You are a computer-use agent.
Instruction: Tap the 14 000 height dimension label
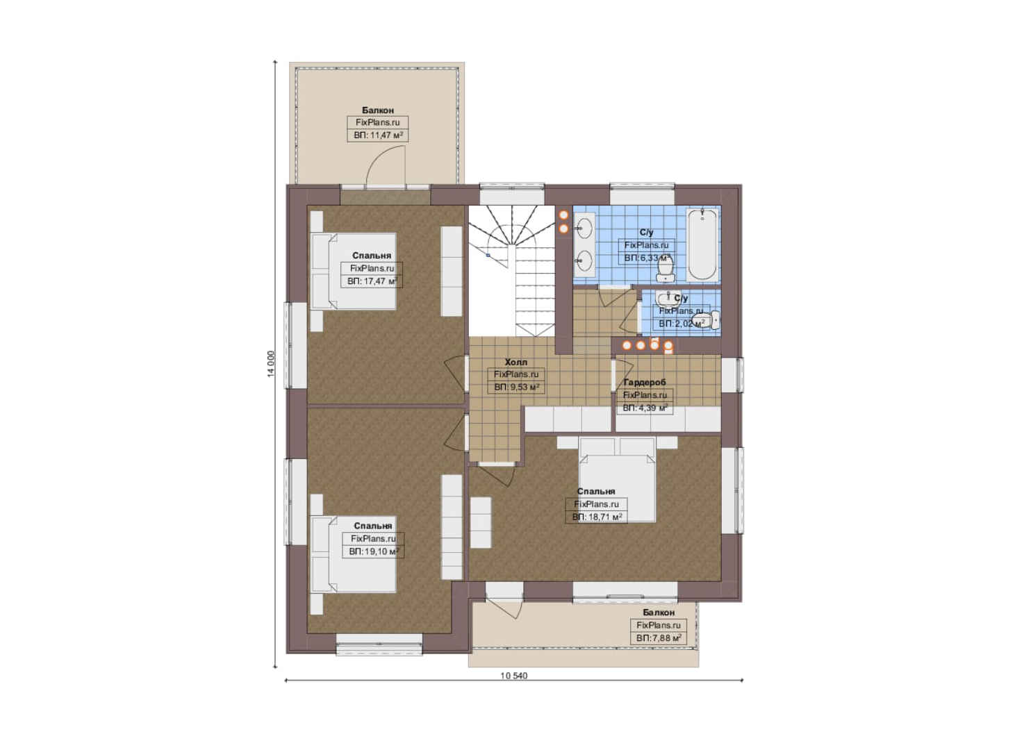click(x=272, y=365)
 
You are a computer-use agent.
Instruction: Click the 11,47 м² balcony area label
click(x=378, y=135)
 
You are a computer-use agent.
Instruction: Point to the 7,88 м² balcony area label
click(x=659, y=638)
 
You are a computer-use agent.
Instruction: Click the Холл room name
click(x=516, y=362)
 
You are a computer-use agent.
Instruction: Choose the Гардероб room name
click(x=645, y=382)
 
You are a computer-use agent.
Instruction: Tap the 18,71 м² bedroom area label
click(x=596, y=517)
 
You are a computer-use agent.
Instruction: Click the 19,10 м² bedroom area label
click(x=374, y=551)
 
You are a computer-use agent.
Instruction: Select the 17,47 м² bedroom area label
click(x=372, y=281)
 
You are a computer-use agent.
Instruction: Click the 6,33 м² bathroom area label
click(x=647, y=258)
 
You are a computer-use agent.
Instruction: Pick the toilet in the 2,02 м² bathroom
click(x=707, y=319)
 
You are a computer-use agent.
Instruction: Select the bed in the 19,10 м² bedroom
click(x=354, y=554)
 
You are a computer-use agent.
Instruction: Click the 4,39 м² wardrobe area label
click(x=645, y=408)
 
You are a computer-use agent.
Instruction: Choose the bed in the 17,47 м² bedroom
click(x=354, y=272)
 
